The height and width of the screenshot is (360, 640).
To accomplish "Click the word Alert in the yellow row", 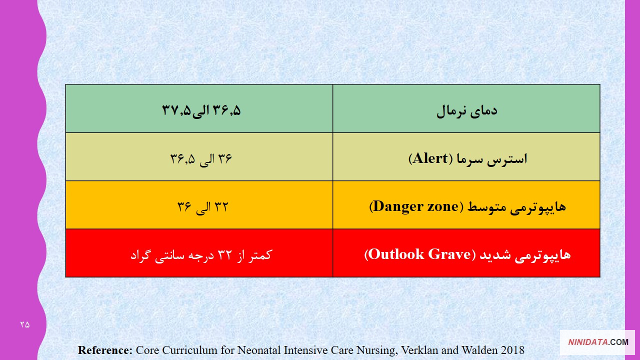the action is (430, 158).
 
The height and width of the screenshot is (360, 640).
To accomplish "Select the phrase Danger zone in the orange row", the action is (415, 206).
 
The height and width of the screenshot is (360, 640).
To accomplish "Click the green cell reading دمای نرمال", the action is (466, 108).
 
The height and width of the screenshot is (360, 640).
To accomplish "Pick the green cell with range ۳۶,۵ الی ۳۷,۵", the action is (199, 108).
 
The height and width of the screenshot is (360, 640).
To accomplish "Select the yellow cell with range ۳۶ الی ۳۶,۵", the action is (199, 157).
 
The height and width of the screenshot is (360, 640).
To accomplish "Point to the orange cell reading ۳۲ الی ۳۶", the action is (199, 205).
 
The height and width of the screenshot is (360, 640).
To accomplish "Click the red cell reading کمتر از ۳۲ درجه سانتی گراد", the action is (199, 253).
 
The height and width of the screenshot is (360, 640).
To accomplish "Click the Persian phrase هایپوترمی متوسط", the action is (516, 207).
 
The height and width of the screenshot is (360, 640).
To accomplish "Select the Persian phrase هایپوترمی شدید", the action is (525, 255).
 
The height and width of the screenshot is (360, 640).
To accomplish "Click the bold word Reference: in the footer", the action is (105, 350).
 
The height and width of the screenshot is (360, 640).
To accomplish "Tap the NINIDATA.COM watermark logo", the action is (598, 342).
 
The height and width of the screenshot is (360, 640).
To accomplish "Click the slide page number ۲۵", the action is (25, 324).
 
